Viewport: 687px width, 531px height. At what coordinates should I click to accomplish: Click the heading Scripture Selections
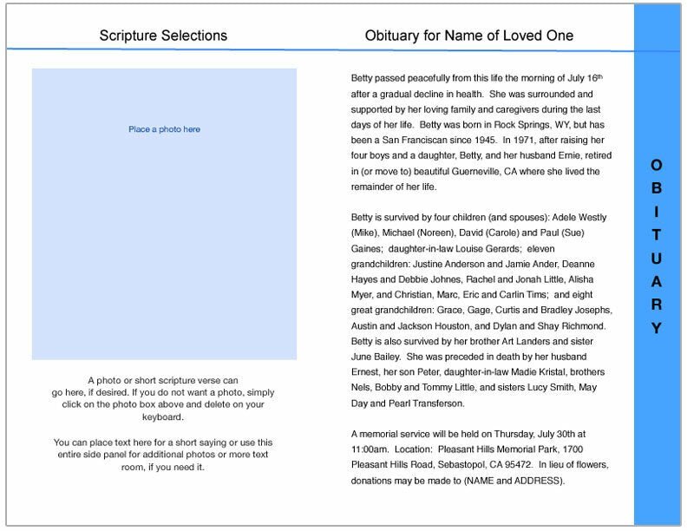point(163,36)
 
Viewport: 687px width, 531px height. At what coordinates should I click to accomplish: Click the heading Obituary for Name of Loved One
point(469,36)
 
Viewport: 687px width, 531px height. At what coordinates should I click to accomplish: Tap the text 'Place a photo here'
point(164,129)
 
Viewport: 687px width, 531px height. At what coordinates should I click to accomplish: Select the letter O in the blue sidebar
point(657,165)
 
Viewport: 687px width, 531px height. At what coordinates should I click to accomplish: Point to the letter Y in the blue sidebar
point(657,328)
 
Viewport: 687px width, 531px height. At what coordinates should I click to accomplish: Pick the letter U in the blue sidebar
point(657,259)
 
